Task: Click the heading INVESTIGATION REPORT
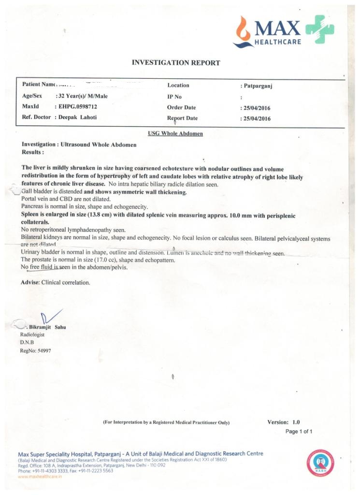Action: (x=176, y=63)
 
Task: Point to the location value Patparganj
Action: (x=259, y=86)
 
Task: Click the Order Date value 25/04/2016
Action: (x=256, y=108)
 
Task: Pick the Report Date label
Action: (x=182, y=118)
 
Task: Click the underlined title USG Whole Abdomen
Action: (x=175, y=133)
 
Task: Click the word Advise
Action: (x=30, y=282)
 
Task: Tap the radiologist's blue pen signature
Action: (x=51, y=318)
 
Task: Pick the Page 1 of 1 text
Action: (x=299, y=431)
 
